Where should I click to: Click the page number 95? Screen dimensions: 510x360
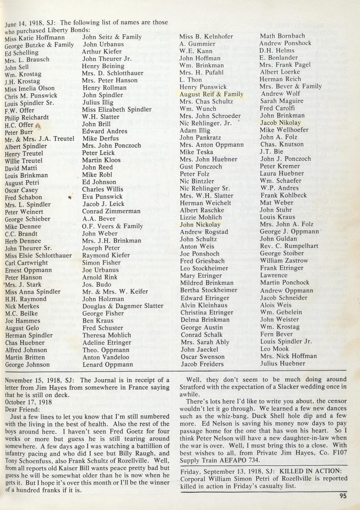tap(343, 496)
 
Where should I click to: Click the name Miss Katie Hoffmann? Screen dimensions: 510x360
tap(35, 38)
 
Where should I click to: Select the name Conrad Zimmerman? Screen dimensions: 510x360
tap(111, 211)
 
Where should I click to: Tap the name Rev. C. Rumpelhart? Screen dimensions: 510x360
tap(284, 246)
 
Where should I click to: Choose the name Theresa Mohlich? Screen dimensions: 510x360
tap(107, 335)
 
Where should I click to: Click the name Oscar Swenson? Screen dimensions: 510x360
tap(203, 357)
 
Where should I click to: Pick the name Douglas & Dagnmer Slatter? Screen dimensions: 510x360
tap(123, 306)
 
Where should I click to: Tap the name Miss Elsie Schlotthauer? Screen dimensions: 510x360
tap(38, 255)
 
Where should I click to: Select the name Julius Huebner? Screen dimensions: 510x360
tap(283, 363)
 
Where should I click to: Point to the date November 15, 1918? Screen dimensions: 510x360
tap(32, 380)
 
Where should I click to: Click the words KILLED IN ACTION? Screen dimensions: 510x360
tap(313, 471)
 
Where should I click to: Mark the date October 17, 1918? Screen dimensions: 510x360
tap(28, 402)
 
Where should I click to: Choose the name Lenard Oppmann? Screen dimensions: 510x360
tap(107, 364)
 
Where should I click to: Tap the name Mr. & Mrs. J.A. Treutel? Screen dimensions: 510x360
tap(40, 139)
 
